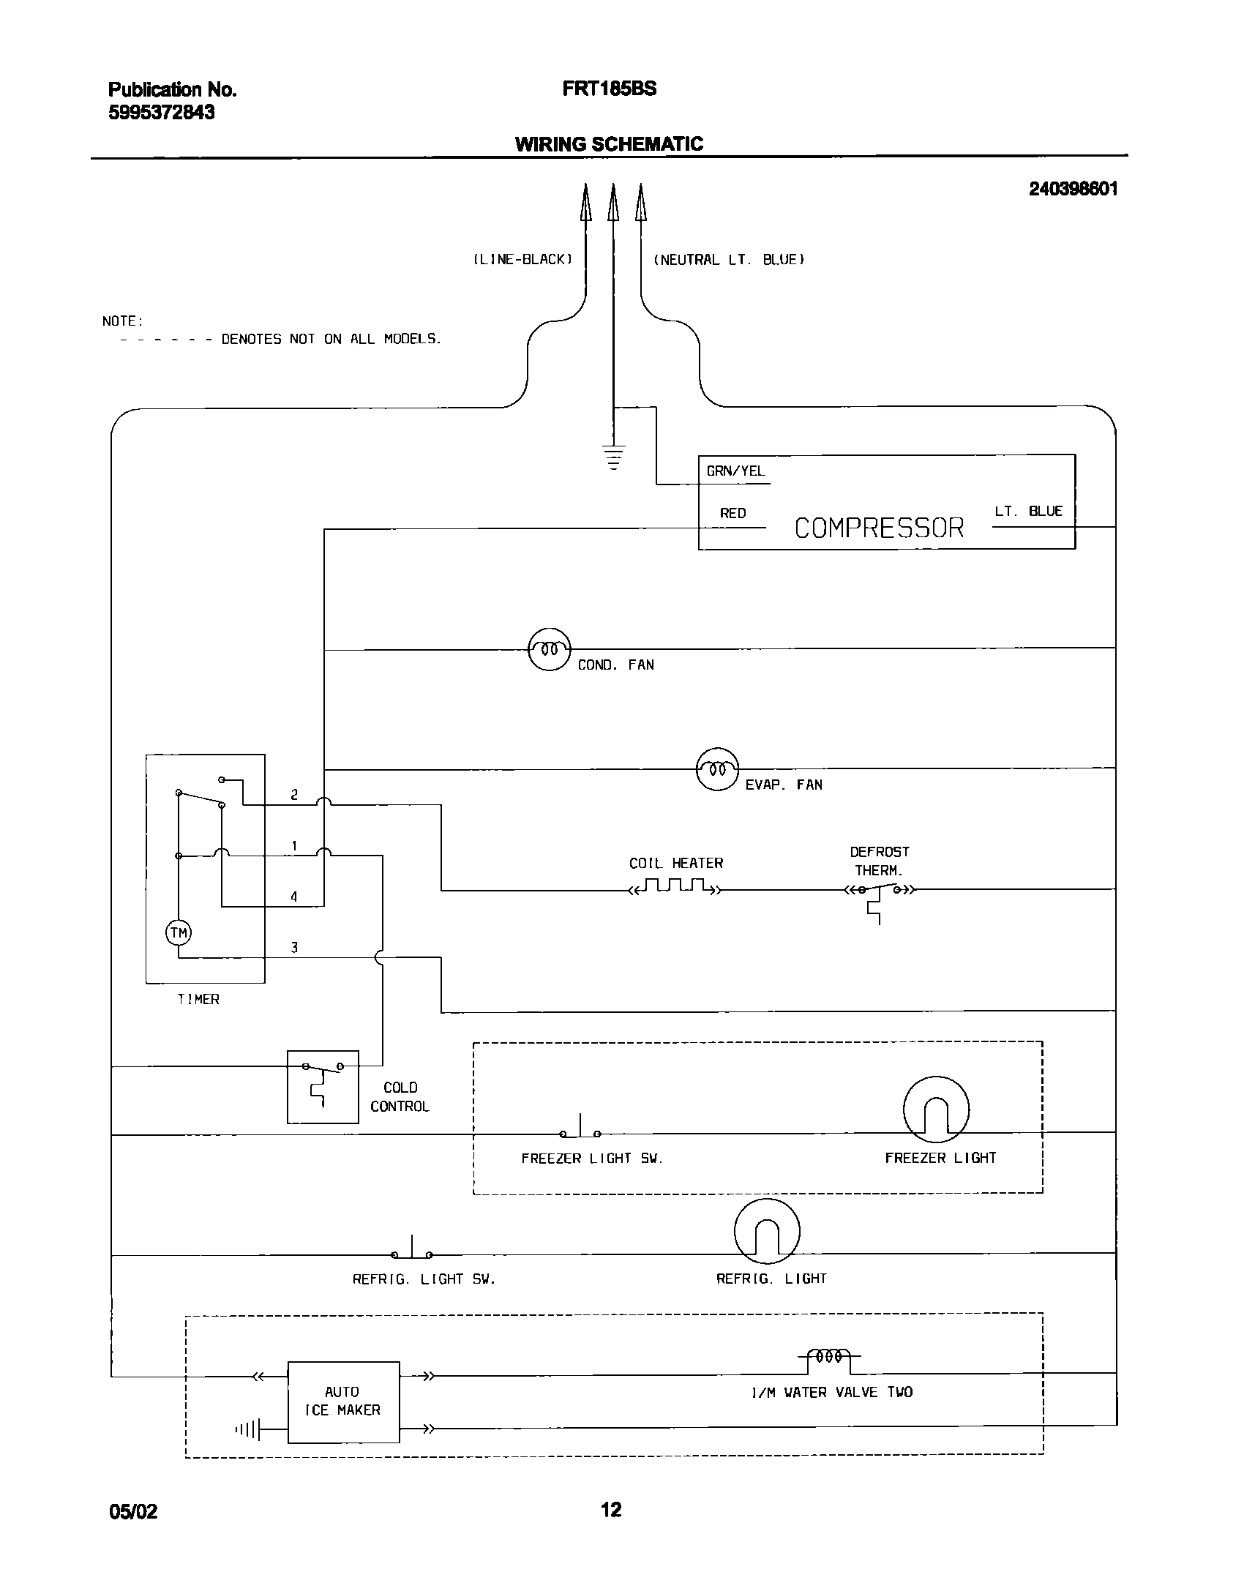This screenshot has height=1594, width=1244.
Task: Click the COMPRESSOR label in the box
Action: (x=879, y=528)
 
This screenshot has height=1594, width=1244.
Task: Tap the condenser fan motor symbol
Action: (x=549, y=649)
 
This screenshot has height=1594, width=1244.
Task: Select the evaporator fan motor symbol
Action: (x=716, y=769)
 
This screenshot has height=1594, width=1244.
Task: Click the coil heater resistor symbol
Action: (x=675, y=888)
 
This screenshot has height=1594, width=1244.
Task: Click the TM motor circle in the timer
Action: (x=179, y=932)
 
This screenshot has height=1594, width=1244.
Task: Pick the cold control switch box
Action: (x=323, y=1087)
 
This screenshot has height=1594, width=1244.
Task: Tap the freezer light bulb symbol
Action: (x=936, y=1110)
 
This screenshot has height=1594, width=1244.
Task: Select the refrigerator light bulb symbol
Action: (x=766, y=1231)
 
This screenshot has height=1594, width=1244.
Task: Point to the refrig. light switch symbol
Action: (x=411, y=1251)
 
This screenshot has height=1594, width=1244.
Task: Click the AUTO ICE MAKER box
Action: (x=343, y=1402)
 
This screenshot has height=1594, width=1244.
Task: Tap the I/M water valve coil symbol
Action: (x=828, y=1357)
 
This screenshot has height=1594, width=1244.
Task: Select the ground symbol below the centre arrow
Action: (x=614, y=457)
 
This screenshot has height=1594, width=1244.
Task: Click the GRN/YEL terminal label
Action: (x=735, y=471)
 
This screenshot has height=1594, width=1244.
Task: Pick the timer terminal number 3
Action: (x=294, y=948)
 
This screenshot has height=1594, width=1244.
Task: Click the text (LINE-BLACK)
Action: (x=522, y=260)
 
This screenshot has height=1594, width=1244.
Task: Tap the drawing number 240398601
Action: (x=1073, y=189)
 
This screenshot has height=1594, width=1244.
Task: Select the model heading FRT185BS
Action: (x=609, y=89)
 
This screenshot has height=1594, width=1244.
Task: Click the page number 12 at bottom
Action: (x=611, y=1509)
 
